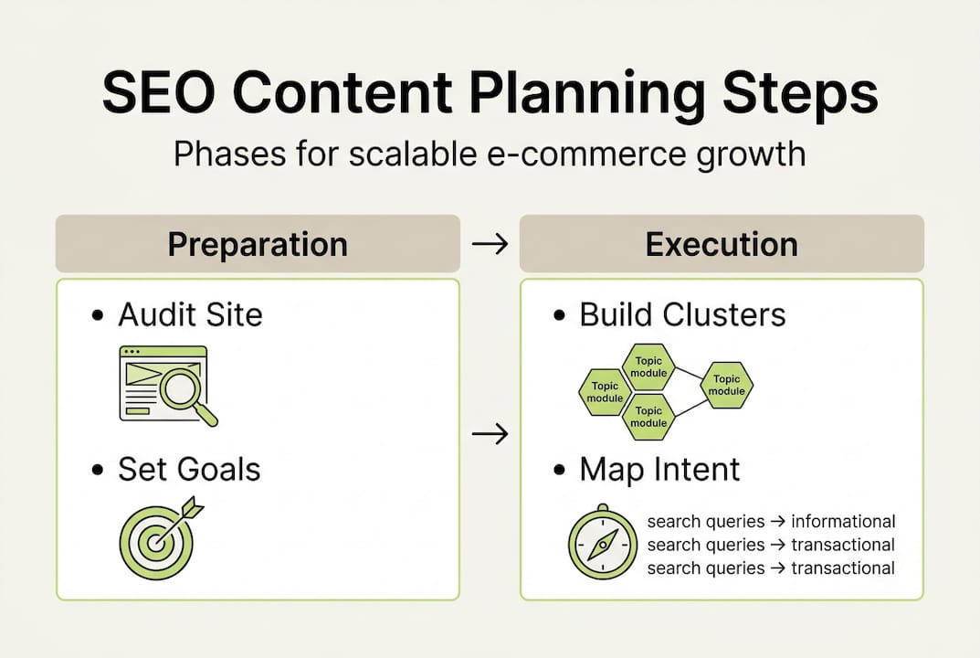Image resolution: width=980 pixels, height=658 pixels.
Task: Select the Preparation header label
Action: pos(258,245)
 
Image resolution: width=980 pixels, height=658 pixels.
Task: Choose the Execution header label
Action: pos(722,245)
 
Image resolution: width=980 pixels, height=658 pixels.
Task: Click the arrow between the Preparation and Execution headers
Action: pos(490,245)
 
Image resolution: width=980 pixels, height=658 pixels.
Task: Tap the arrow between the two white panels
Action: pos(490,434)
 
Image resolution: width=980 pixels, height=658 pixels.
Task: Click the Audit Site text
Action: pos(190,315)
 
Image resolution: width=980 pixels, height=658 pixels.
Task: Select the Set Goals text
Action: pos(189,470)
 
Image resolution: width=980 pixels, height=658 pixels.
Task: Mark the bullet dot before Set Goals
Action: pos(98,471)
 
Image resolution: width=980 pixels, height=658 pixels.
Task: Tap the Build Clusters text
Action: pos(682,315)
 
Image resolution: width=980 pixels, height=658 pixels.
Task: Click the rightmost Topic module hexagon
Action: pos(727,386)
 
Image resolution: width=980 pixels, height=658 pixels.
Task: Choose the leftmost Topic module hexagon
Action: pos(605,392)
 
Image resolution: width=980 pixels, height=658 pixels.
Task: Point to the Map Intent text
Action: pos(659,470)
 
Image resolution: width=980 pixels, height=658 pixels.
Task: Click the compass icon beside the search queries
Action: pos(602,543)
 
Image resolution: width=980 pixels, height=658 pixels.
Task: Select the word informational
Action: pos(842,522)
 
